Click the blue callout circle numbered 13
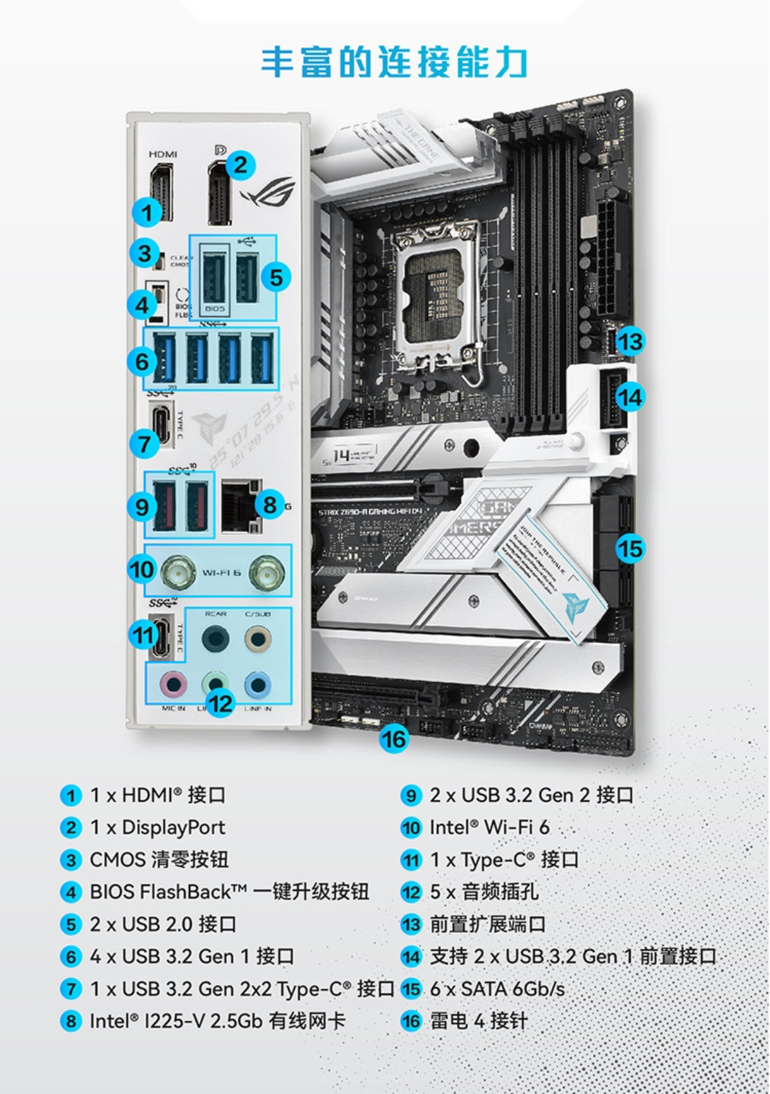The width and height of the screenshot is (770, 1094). click(629, 341)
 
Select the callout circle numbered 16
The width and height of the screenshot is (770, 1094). click(393, 739)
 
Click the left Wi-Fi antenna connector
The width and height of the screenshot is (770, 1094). click(178, 571)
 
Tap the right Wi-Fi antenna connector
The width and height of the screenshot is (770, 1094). click(266, 571)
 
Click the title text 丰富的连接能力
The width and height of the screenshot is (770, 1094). click(393, 62)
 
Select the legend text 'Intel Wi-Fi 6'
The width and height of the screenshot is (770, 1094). click(489, 827)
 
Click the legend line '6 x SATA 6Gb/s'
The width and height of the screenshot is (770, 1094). click(497, 989)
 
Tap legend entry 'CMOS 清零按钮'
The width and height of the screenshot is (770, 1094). click(159, 860)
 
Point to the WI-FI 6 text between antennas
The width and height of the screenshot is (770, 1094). click(222, 572)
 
